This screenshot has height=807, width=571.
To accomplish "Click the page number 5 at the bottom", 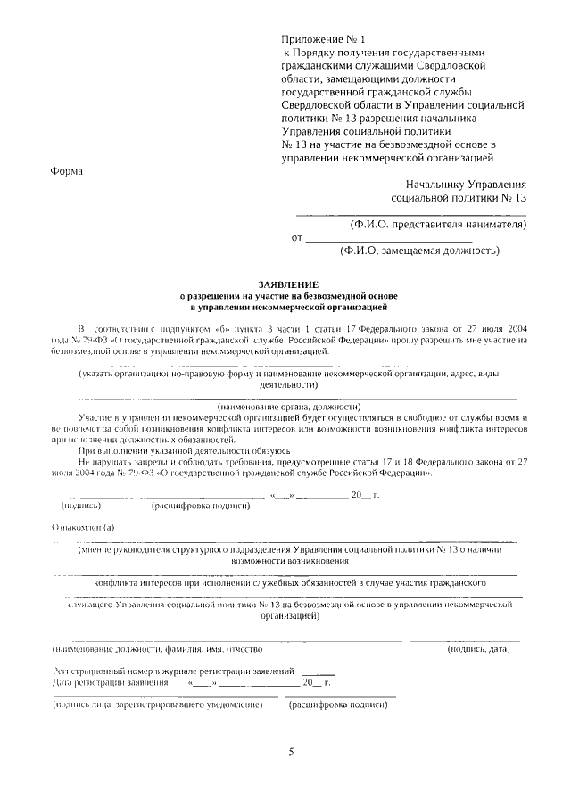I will click(x=291, y=751).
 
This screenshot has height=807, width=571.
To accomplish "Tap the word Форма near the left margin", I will click(x=66, y=173).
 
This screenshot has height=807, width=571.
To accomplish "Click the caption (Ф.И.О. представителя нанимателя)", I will click(x=438, y=224).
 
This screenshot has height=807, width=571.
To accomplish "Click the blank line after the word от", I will click(x=389, y=238).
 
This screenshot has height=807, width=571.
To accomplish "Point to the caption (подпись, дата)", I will click(x=478, y=648).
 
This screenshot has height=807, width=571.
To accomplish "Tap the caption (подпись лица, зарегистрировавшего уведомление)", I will click(x=158, y=704).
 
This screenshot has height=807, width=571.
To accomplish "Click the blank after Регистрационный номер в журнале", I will click(x=319, y=670).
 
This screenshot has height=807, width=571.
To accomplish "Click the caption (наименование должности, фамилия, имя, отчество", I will click(x=157, y=648).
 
